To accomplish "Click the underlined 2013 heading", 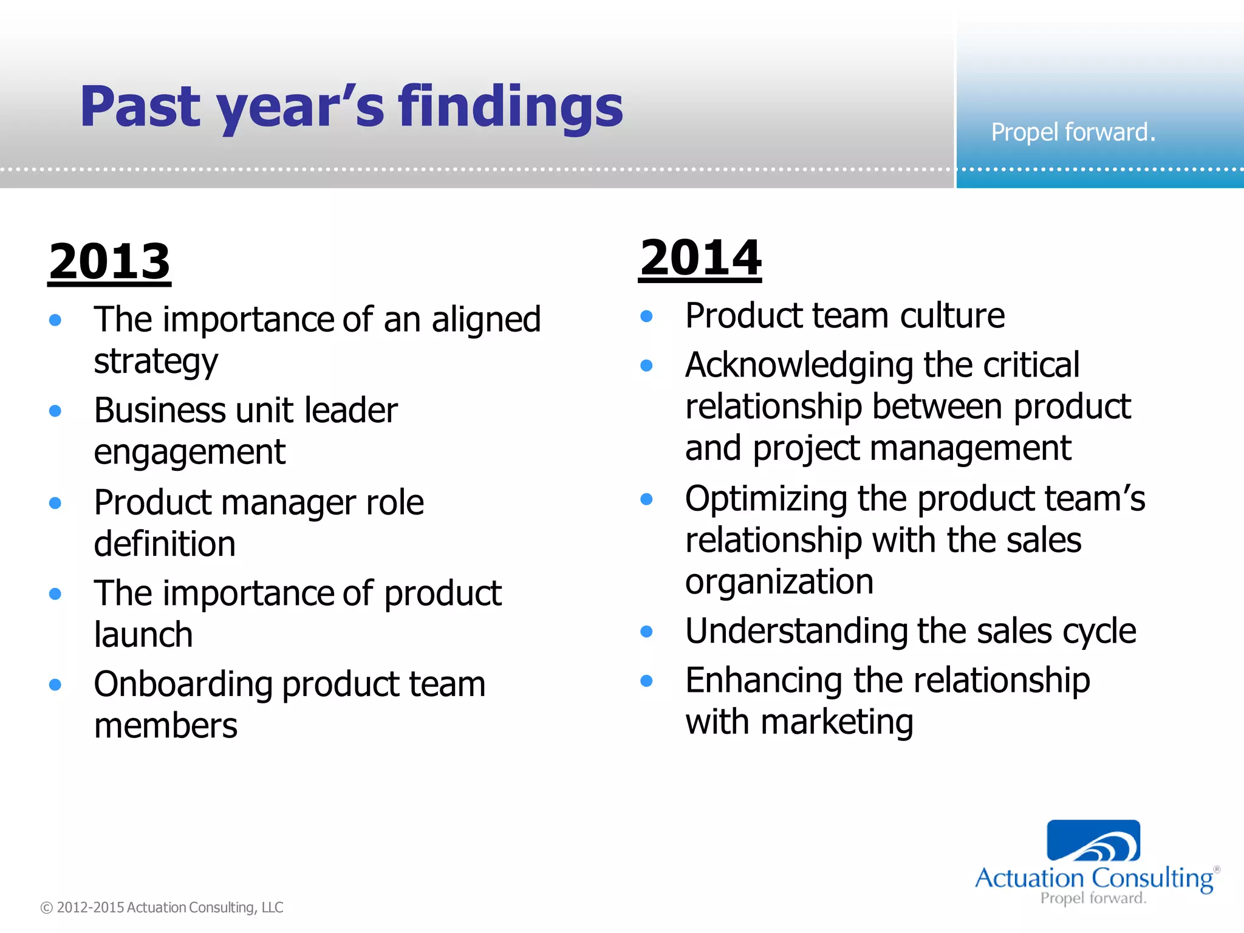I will tap(109, 261).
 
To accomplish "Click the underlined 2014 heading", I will tap(700, 258).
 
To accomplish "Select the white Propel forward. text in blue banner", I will tap(1073, 132).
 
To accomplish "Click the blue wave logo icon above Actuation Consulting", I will tap(1093, 841).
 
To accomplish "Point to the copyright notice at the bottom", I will tap(162, 907).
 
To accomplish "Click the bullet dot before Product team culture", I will tap(646, 316).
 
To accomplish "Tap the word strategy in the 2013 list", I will tap(155, 362).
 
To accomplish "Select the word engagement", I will tap(190, 453).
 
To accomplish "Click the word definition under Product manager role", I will tap(165, 544).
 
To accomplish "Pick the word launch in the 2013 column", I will tap(143, 635).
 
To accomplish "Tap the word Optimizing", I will tap(765, 499).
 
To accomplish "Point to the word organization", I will tap(779, 582).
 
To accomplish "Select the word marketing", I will tap(836, 722).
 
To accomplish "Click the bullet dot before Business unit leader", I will tap(55, 411).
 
